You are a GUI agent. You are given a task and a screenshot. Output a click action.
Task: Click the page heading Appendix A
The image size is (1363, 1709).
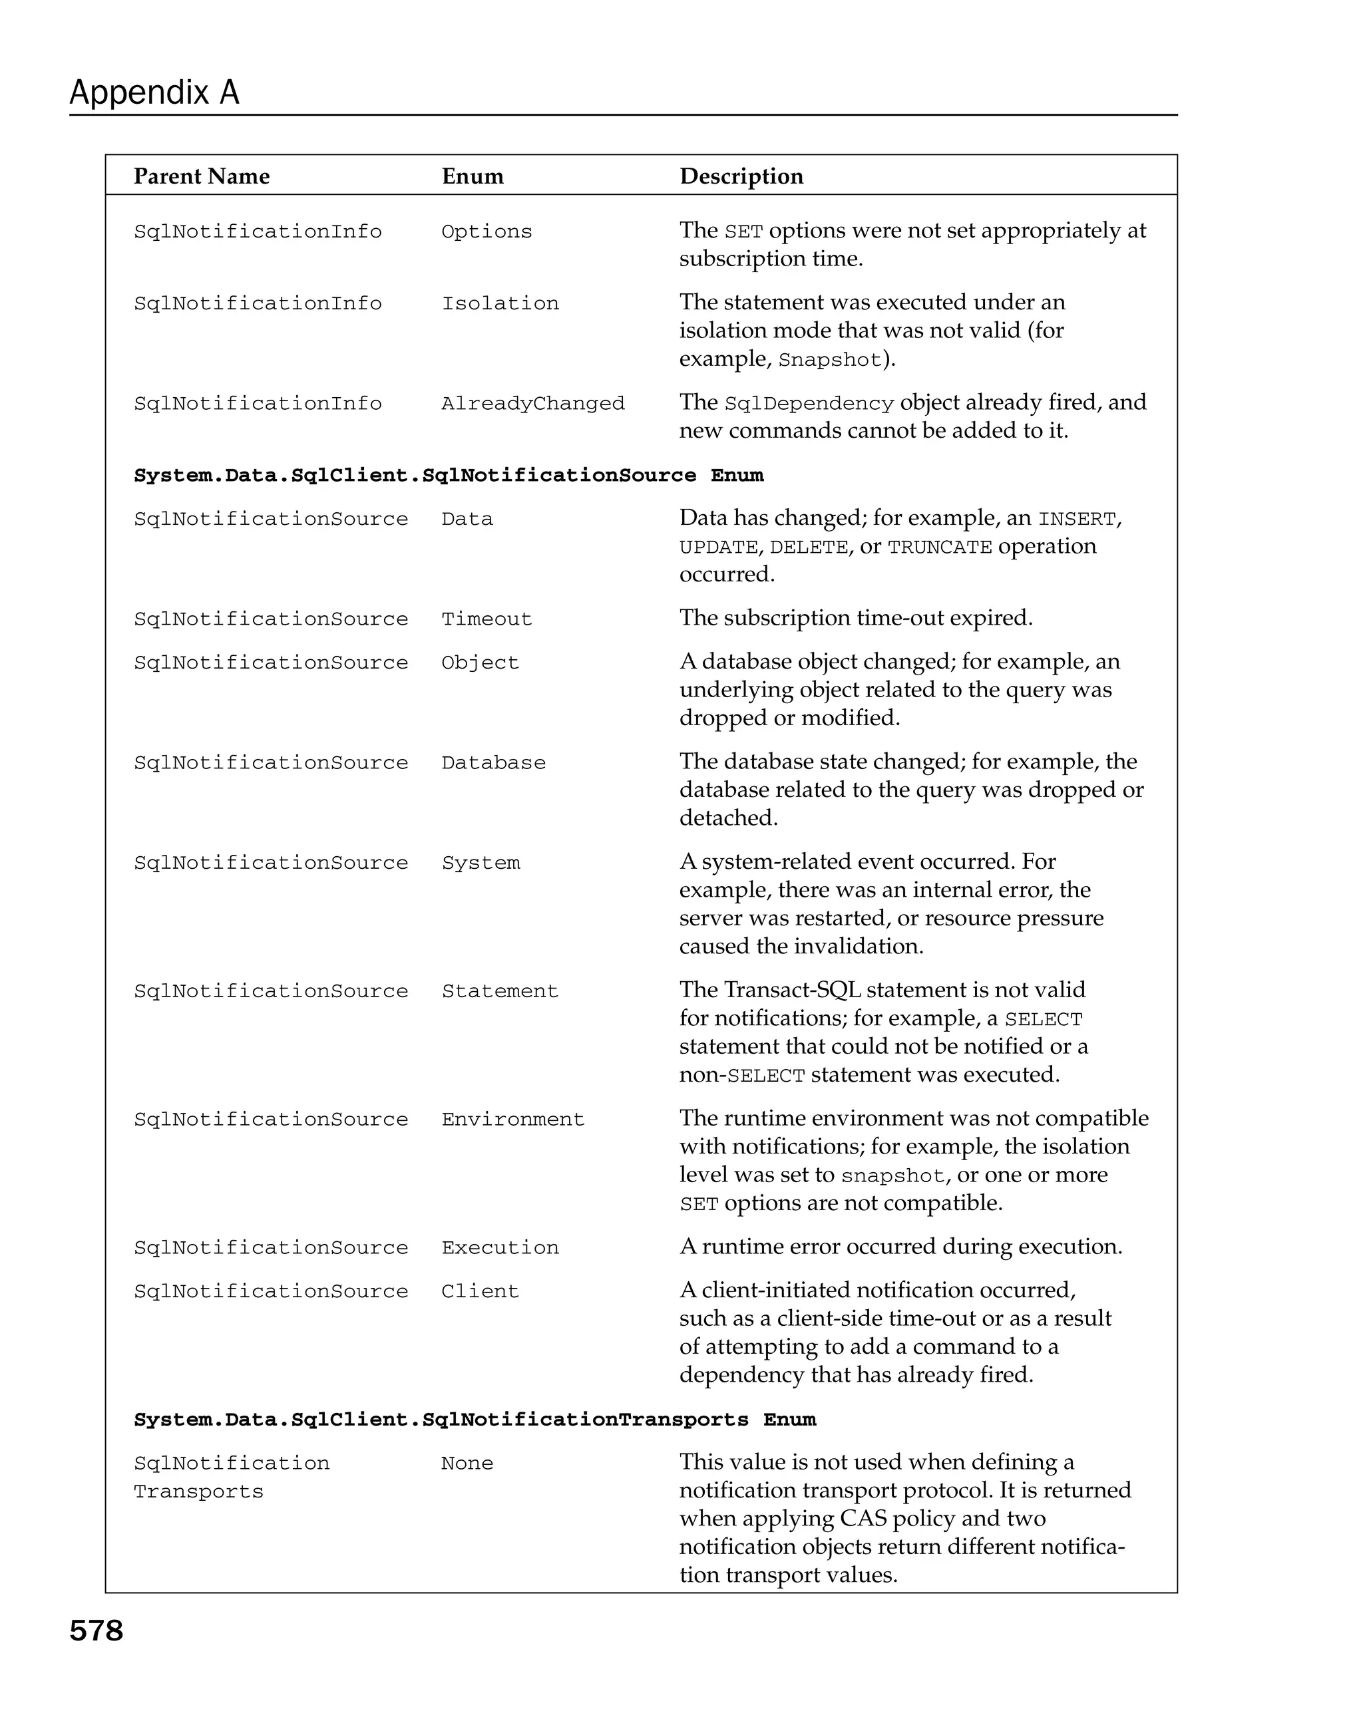pos(154,92)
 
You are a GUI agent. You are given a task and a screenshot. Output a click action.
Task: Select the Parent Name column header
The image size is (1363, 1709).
pos(202,176)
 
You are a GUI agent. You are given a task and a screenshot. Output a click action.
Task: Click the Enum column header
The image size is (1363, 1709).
pos(473,176)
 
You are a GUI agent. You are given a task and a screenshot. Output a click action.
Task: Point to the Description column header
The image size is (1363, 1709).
pos(741,176)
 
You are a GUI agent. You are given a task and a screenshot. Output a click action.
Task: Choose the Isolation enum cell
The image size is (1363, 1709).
pos(500,303)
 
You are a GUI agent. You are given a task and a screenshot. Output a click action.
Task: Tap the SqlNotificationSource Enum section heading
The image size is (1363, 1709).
pos(448,476)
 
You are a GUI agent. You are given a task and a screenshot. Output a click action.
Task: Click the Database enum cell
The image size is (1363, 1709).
pos(493,762)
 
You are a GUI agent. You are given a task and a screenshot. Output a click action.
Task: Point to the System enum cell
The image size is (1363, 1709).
pos(481,862)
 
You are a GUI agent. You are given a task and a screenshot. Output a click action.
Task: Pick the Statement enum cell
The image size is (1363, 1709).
pos(500,991)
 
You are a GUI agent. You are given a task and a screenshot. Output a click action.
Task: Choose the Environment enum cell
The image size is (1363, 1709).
pos(512,1119)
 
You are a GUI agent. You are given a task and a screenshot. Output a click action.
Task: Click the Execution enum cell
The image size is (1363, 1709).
pos(500,1248)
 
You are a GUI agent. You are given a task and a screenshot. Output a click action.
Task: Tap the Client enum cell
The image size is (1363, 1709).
pos(480,1291)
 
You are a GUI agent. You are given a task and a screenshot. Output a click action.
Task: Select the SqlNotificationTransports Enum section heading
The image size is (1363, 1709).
pos(474,1420)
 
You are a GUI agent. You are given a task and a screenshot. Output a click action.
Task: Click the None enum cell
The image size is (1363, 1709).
pos(467,1464)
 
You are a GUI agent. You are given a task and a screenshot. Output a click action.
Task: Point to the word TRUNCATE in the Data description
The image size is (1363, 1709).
pos(940,547)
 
